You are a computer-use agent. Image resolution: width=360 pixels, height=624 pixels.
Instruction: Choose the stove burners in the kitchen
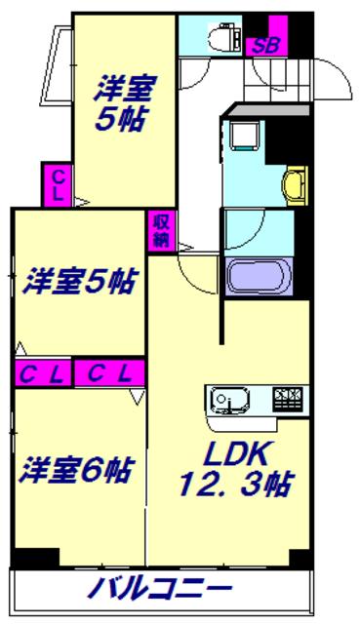[289, 398]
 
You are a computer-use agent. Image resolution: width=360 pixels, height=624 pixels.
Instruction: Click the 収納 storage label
[160, 230]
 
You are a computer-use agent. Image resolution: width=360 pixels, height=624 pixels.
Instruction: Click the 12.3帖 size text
[235, 485]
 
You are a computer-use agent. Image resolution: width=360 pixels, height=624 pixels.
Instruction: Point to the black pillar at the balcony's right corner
[299, 560]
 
